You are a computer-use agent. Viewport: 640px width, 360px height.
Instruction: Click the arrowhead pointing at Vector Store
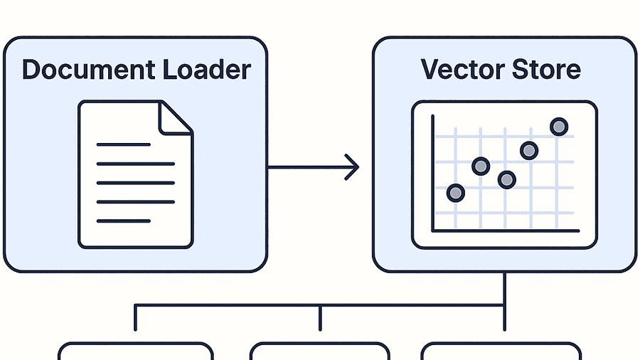(351, 167)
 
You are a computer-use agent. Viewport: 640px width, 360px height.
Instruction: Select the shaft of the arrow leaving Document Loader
(306, 167)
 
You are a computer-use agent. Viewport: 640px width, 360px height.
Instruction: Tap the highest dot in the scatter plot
(559, 127)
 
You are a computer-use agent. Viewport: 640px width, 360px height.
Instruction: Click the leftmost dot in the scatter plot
(455, 193)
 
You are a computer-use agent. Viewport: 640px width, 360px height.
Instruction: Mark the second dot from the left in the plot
(481, 166)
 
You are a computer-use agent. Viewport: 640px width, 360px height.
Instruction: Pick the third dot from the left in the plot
(506, 179)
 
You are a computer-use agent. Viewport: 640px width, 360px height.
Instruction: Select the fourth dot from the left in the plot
(528, 150)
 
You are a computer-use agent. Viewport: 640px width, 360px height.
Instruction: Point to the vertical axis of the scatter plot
(432, 171)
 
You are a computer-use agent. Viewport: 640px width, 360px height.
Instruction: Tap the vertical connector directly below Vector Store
(504, 288)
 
